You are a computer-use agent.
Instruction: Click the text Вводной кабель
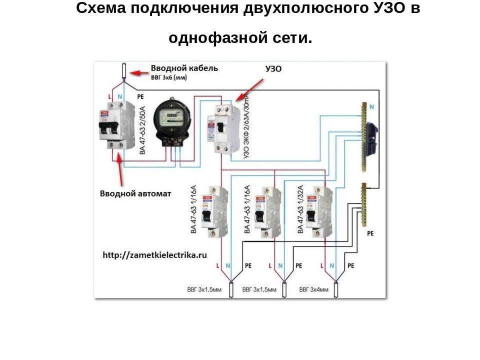(184, 68)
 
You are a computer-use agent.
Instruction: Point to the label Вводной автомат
(135, 193)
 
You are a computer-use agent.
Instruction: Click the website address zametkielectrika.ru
(155, 255)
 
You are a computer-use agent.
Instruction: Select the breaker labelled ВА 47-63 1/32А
(317, 210)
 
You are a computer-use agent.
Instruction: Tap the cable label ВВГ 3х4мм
(313, 289)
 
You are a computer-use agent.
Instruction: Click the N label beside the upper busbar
(371, 106)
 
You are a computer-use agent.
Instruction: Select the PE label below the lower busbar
(370, 233)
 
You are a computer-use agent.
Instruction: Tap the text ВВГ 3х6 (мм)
(173, 78)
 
